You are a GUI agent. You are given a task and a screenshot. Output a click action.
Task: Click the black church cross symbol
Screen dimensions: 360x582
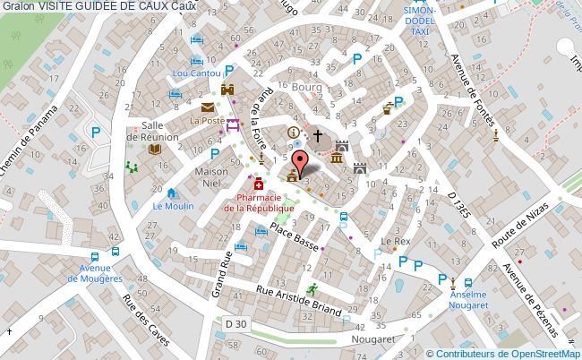pos(317,136)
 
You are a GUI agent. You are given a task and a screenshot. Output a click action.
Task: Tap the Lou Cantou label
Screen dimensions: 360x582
pos(197,72)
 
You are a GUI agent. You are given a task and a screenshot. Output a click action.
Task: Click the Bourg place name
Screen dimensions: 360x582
pos(306,88)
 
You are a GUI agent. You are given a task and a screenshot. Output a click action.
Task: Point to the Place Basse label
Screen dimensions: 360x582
pos(295,236)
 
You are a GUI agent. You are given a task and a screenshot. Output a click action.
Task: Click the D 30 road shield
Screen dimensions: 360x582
pos(236,323)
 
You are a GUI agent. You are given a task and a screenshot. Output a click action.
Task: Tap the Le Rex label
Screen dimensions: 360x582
pos(395,242)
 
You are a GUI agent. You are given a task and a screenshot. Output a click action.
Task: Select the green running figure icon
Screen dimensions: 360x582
pos(312,289)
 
